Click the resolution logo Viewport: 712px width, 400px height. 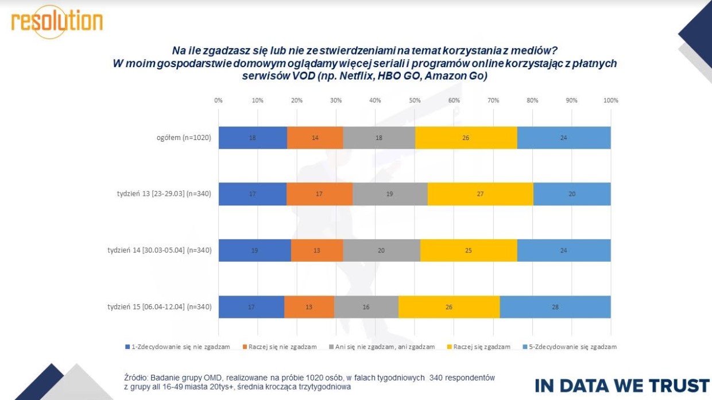[x=57, y=21]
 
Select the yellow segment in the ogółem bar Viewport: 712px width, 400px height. [x=466, y=138]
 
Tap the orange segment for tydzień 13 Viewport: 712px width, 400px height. [x=319, y=194]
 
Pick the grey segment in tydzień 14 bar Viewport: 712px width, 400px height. [x=381, y=250]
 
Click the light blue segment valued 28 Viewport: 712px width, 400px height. [x=555, y=306]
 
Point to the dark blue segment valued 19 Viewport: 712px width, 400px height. [x=254, y=250]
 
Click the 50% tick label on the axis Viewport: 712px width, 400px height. [x=415, y=100]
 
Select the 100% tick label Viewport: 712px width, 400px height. [x=610, y=100]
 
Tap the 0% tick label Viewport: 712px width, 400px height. [x=218, y=100]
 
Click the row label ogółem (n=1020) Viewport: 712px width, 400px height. [x=183, y=138]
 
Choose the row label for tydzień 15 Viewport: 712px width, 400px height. [x=159, y=307]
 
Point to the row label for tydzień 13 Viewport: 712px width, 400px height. [x=164, y=194]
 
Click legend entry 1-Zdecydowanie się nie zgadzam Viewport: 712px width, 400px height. [x=177, y=347]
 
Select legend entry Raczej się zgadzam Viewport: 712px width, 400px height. [x=478, y=347]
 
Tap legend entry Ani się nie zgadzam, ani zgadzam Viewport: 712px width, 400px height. [x=381, y=347]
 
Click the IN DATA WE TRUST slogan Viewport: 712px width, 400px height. [x=622, y=385]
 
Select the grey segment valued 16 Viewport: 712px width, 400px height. [x=366, y=306]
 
